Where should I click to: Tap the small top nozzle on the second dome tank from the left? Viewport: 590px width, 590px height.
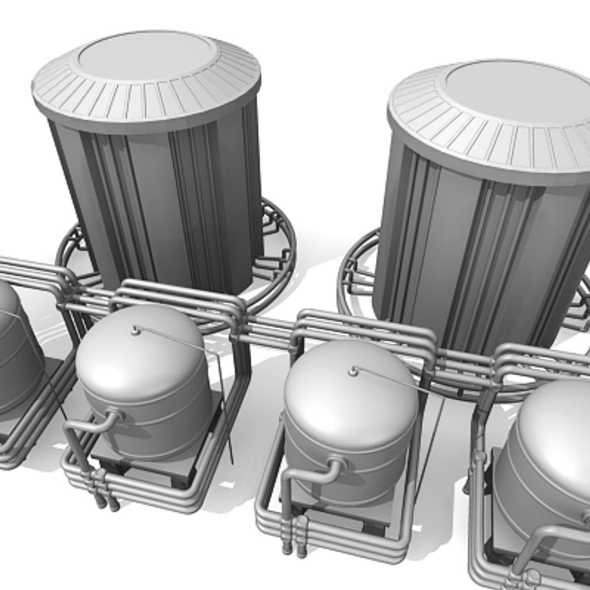[135, 330]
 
